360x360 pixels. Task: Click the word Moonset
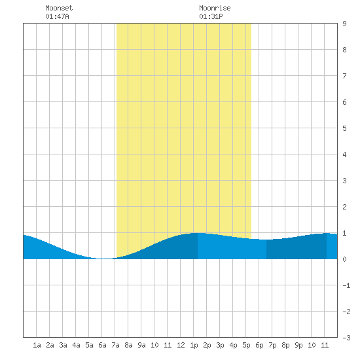(x=59, y=8)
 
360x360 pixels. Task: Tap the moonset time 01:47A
(x=57, y=16)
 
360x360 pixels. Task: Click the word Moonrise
(x=215, y=8)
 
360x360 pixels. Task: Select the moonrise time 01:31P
(x=211, y=16)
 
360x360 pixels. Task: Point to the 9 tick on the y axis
(x=344, y=24)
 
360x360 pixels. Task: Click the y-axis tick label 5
(x=344, y=128)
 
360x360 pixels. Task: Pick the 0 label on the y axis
(x=344, y=259)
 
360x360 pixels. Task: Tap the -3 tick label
(x=346, y=338)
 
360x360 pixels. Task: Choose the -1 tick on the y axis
(x=346, y=285)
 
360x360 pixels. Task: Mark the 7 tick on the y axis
(x=344, y=76)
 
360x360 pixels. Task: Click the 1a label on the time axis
(x=37, y=345)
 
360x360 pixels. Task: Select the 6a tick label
(x=102, y=345)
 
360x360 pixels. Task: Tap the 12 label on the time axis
(x=181, y=345)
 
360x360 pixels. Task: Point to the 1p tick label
(x=194, y=345)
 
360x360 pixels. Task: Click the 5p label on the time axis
(x=246, y=345)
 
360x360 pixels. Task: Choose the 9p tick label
(x=298, y=345)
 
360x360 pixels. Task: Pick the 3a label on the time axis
(x=63, y=345)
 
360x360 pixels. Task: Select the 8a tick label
(x=128, y=345)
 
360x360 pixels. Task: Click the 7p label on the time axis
(x=272, y=345)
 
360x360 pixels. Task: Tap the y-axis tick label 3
(x=344, y=181)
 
